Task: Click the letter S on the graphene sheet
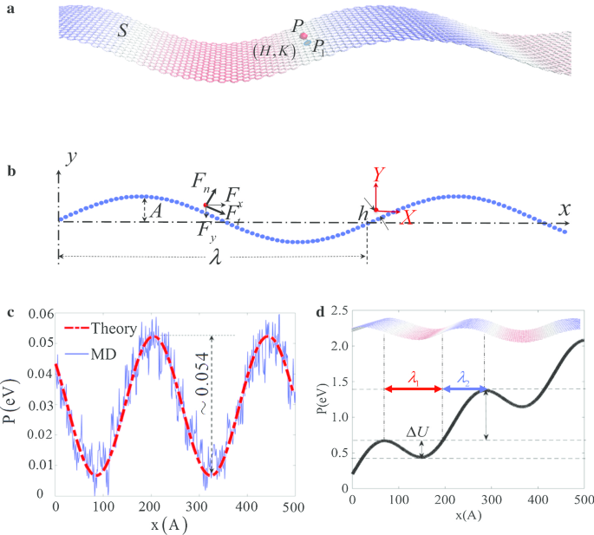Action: (124, 32)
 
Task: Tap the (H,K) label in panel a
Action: (274, 51)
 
